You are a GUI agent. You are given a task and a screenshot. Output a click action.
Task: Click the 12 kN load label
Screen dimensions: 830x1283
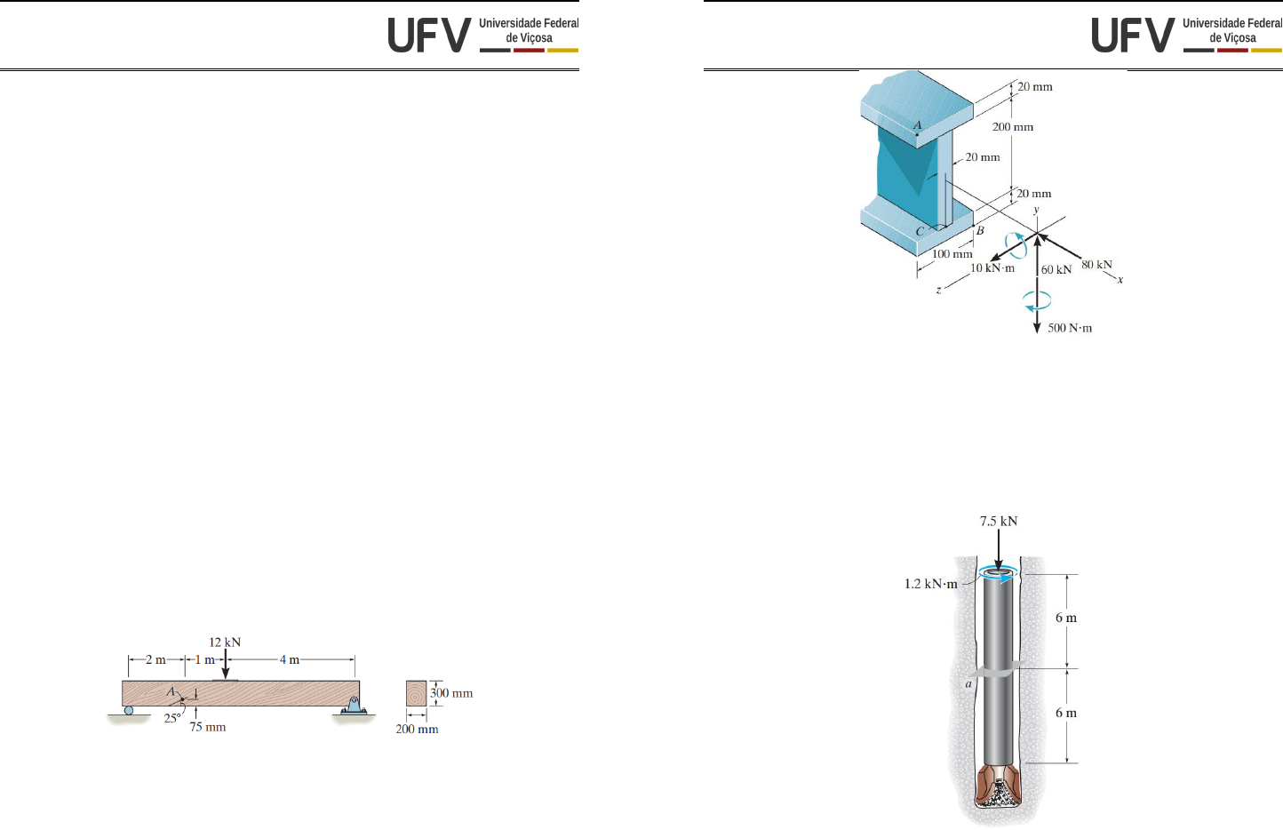point(225,642)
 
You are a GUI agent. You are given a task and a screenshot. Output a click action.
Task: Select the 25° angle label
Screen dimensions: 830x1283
point(172,719)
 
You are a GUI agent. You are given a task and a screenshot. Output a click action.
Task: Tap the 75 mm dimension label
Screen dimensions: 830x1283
point(208,727)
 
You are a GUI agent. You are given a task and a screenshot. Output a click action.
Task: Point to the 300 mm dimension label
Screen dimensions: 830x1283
point(451,693)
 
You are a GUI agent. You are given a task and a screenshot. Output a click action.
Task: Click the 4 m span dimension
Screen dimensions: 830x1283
point(290,659)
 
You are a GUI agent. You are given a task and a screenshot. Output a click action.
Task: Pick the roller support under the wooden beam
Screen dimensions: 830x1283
point(129,710)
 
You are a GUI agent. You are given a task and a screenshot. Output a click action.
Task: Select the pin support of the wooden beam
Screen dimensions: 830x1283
point(355,707)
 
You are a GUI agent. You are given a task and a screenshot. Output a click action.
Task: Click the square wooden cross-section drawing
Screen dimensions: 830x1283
point(416,693)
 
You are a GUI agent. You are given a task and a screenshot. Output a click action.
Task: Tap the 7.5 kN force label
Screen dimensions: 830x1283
point(999,522)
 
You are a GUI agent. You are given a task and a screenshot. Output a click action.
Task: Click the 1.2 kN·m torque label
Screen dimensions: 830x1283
point(931,584)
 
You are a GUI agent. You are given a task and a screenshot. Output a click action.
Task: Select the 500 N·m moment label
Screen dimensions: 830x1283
point(1070,328)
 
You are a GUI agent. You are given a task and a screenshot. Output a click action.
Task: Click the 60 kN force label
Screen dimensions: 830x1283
point(1056,270)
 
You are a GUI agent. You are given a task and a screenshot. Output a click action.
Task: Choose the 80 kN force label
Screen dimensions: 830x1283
point(1096,265)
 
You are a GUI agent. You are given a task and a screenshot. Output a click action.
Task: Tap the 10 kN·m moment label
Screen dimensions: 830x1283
point(992,268)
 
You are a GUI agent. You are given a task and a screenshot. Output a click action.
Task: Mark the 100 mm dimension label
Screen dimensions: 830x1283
point(952,254)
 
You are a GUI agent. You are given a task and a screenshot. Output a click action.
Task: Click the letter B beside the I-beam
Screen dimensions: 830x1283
point(980,231)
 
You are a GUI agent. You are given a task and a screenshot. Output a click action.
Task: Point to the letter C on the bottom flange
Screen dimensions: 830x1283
point(920,232)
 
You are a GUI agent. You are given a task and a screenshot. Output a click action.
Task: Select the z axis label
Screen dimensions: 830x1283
point(938,290)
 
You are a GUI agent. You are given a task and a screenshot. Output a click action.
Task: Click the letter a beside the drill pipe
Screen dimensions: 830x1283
point(968,683)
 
